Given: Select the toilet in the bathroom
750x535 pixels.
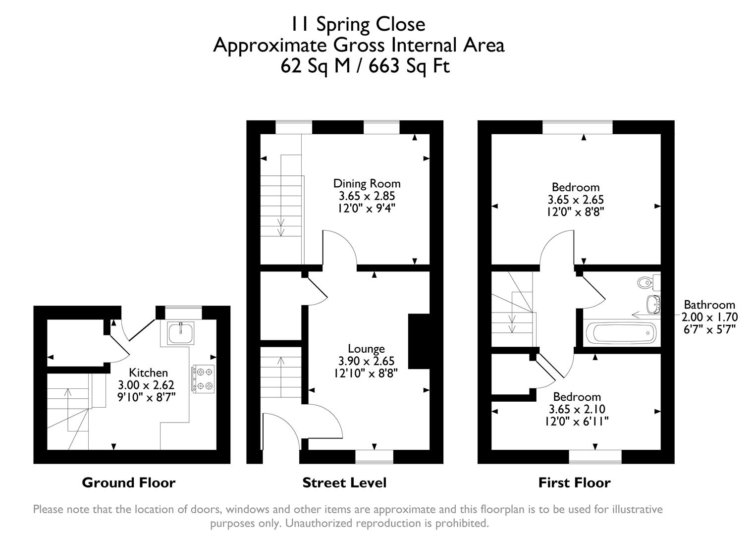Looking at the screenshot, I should tap(646, 282).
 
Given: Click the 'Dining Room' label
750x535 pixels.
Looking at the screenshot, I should tap(367, 183).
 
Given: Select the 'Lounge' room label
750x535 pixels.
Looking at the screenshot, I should tap(366, 349).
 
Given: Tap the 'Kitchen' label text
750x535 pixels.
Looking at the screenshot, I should tap(148, 373).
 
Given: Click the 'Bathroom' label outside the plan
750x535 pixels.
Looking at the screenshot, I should tap(709, 305).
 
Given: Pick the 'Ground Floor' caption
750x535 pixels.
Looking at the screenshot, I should tap(128, 482).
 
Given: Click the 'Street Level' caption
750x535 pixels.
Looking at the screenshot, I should tap(344, 482).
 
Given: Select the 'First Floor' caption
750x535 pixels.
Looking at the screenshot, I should tap(574, 482).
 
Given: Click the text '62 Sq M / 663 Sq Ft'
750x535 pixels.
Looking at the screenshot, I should tap(365, 66).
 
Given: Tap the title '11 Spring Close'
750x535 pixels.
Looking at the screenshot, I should tap(357, 24).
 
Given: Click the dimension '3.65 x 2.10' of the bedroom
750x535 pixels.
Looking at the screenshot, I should tap(577, 409).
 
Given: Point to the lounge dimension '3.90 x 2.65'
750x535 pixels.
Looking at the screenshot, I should tap(366, 361).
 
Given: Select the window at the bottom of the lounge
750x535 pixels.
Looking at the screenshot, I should tap(375, 456).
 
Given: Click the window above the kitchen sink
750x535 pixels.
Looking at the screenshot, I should tap(183, 312).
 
